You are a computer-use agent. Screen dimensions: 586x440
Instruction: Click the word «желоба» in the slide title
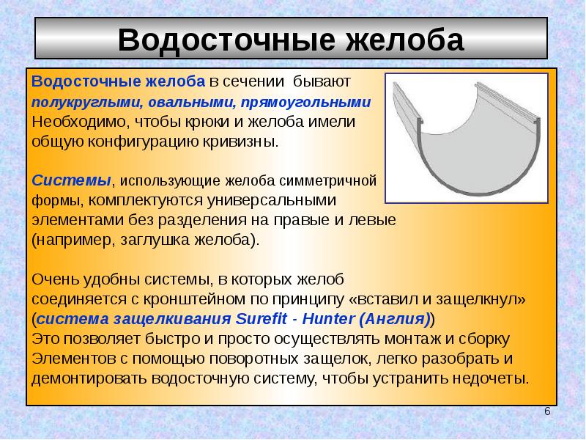pos(404,40)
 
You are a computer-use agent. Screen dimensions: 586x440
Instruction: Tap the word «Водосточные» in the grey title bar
pos(226,40)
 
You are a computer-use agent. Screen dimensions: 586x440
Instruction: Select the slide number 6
pos(547,411)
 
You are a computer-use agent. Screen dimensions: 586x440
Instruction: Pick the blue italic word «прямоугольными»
pos(305,103)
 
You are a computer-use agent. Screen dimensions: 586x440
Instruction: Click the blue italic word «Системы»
pos(71,180)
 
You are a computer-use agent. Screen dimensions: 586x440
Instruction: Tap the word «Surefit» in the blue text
pos(262,319)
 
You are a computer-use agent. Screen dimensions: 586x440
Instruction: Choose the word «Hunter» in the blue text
pos(328,319)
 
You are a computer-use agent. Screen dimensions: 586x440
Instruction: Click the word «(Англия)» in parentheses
pos(395,319)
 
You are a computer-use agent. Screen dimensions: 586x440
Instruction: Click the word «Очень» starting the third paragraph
pos(54,279)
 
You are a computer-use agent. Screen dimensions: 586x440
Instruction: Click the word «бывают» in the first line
pos(322,81)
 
